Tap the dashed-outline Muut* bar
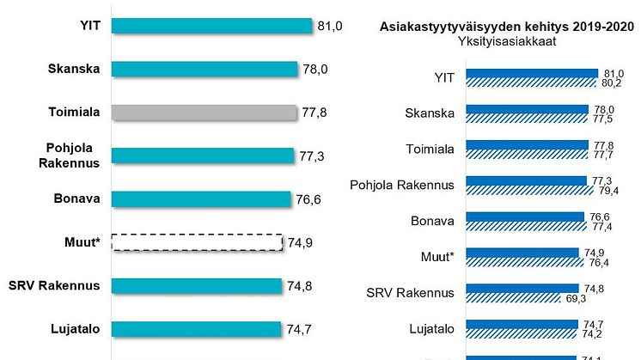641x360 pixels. (197, 241)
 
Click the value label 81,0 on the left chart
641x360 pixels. (330, 27)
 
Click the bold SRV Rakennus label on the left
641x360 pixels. (62, 285)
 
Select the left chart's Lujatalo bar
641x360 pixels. (196, 327)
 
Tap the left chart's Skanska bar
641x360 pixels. (205, 69)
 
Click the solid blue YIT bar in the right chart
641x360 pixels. (532, 74)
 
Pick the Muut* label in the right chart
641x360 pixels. (438, 257)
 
